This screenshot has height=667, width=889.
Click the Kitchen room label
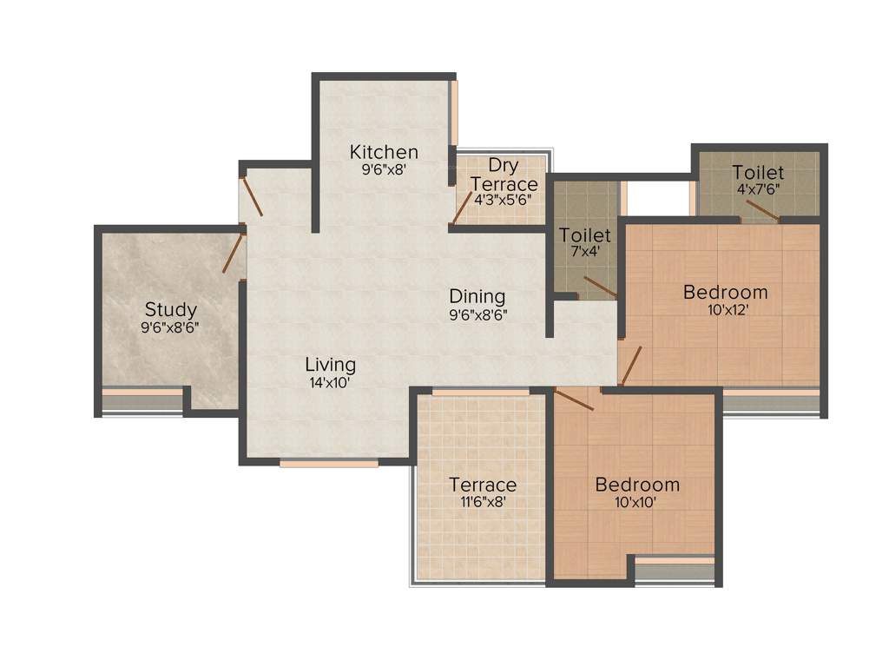click(384, 152)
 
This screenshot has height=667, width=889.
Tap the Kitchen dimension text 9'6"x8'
click(384, 170)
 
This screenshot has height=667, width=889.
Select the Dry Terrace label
click(504, 175)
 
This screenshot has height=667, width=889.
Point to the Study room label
click(170, 309)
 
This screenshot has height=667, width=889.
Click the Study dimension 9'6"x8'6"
click(170, 327)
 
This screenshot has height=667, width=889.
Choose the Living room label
click(330, 365)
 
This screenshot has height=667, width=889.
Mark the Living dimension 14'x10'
click(330, 382)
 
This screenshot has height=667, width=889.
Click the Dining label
click(477, 297)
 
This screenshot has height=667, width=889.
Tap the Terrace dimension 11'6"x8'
click(483, 502)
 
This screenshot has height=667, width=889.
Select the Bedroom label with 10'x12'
click(726, 292)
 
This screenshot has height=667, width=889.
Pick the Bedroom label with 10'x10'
click(637, 485)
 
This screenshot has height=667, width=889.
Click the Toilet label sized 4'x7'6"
click(758, 172)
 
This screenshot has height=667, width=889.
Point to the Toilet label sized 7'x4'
click(585, 235)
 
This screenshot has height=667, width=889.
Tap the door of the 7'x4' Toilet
click(600, 287)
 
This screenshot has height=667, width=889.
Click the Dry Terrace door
click(462, 211)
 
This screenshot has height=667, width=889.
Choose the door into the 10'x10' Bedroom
click(574, 400)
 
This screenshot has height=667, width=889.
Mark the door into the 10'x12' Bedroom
click(631, 366)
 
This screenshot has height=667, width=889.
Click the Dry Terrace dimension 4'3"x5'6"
click(503, 199)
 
